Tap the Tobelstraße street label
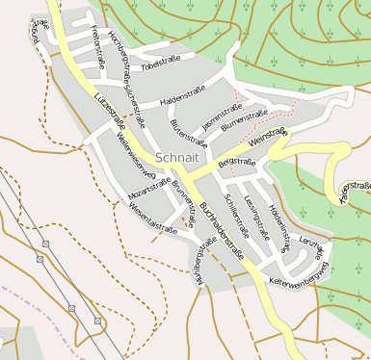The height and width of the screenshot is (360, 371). pos(162,66)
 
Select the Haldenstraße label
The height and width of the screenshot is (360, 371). pos(183,96)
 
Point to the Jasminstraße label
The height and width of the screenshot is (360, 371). pos(223,117)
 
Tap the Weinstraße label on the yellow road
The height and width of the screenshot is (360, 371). pos(268,139)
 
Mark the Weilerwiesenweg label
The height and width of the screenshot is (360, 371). pos(136,155)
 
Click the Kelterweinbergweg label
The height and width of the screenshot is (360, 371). pos(300,274)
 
